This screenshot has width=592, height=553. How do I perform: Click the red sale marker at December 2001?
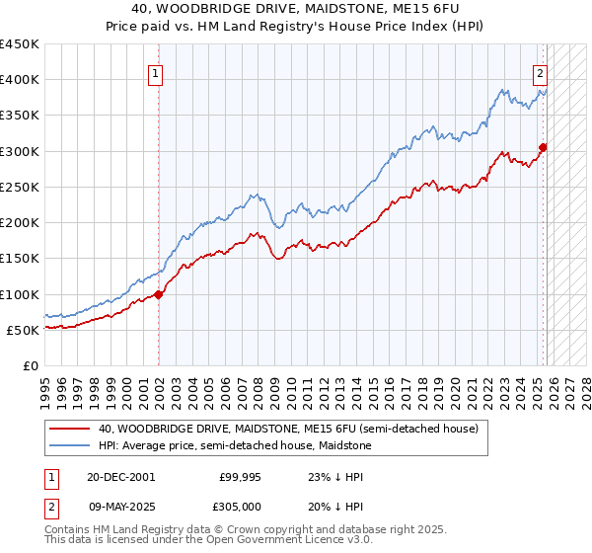click(159, 294)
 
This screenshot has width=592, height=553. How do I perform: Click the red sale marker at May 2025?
click(543, 148)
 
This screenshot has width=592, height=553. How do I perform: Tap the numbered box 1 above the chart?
click(157, 72)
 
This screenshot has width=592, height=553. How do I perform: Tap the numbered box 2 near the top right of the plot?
click(541, 72)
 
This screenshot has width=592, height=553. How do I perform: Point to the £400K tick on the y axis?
click(20, 80)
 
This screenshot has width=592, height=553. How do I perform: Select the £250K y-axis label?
click(20, 187)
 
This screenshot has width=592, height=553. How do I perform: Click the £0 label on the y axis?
click(30, 365)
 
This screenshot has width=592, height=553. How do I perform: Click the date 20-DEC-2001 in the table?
click(119, 476)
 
